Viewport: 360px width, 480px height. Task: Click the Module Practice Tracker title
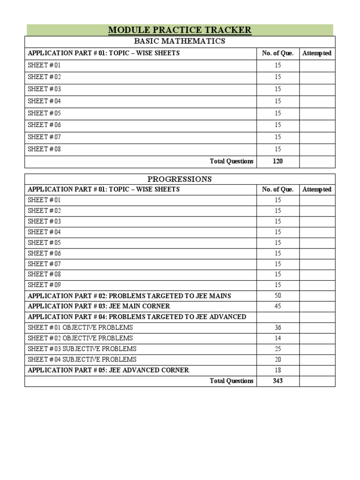coord(180,30)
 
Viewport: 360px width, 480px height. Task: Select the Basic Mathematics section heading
coord(180,41)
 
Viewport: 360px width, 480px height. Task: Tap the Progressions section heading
coord(180,179)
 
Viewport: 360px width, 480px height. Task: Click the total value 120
coord(278,161)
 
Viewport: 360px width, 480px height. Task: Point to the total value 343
coord(278,381)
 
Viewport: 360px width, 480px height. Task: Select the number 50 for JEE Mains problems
coord(278,296)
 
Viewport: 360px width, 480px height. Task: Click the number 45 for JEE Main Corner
coord(278,306)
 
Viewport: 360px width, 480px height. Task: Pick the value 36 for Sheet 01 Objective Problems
coord(278,328)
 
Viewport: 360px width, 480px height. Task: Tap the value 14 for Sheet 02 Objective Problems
coord(278,338)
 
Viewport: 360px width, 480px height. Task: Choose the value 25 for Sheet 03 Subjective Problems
coord(278,349)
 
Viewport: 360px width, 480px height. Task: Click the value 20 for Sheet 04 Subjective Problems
coord(278,360)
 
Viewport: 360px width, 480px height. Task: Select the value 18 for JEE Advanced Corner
coord(278,370)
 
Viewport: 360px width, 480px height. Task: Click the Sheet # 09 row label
coord(44,285)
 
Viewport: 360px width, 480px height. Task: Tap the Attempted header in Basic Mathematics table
coord(317,53)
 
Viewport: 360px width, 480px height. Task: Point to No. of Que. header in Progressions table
coord(278,190)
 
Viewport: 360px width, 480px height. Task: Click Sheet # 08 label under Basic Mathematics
coord(44,150)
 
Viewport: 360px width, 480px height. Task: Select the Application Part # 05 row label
coord(108,370)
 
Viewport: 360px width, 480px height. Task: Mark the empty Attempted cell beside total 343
coord(317,381)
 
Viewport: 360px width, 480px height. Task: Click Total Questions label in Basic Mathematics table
coord(232,161)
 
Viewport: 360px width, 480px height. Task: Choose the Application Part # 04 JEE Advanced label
coord(137,317)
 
